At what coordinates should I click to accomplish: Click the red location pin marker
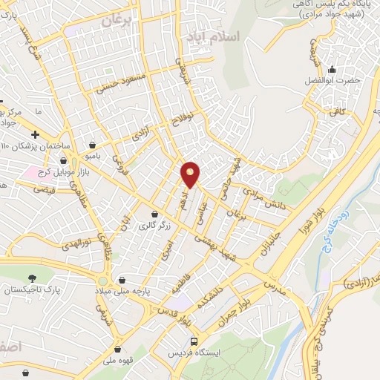point(191,174)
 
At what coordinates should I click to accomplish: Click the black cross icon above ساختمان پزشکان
point(36,132)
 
